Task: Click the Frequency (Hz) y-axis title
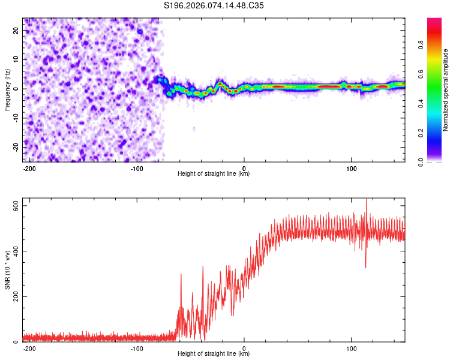[x=8, y=89]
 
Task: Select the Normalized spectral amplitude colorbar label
[x=446, y=90]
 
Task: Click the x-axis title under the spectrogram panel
[x=214, y=174]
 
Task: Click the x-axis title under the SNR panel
[x=214, y=354]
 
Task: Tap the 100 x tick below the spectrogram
[x=351, y=167]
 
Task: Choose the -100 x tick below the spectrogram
[x=137, y=167]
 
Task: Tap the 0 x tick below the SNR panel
[x=244, y=347]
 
